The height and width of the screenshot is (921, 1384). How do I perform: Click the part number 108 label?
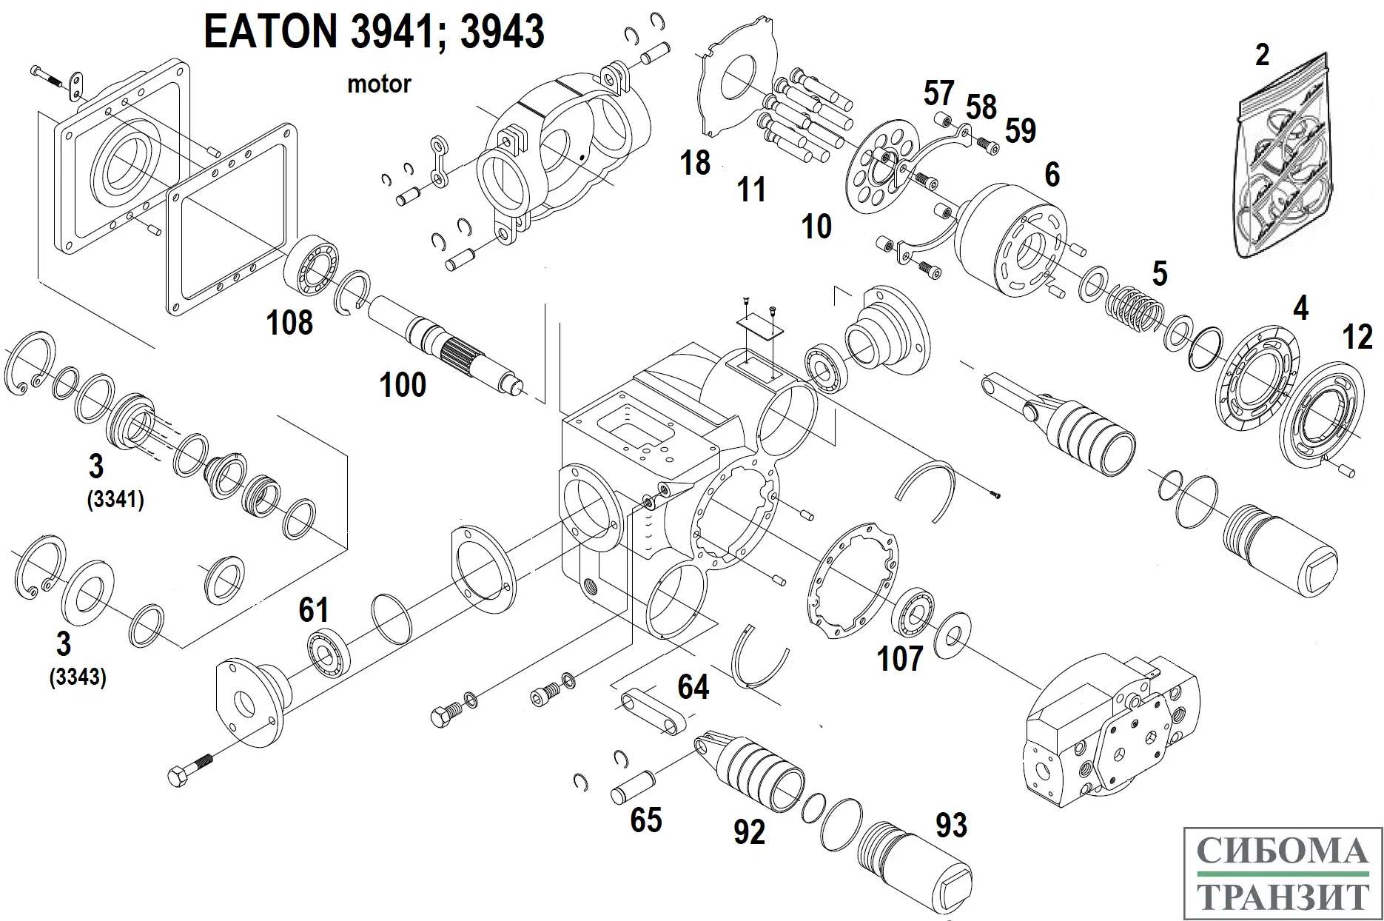tap(289, 323)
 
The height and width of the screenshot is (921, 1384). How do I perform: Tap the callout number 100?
tap(403, 385)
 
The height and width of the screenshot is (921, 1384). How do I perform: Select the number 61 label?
tap(313, 610)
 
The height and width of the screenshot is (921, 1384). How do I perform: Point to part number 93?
tap(951, 825)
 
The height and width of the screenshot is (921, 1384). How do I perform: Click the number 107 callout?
tap(900, 658)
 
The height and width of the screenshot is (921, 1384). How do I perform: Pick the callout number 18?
tap(695, 163)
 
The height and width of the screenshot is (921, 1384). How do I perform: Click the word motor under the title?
tap(379, 84)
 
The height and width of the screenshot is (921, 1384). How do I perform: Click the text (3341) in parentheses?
tap(115, 500)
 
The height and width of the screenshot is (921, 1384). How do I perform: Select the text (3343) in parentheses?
tap(78, 677)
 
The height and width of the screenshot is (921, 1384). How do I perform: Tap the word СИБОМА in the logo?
tap(1282, 851)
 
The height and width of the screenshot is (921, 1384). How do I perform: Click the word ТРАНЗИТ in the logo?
tap(1283, 896)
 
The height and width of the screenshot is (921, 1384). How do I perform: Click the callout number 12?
tap(1357, 338)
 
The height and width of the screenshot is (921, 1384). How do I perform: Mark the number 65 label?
tap(645, 820)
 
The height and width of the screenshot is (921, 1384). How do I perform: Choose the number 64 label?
tap(693, 688)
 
